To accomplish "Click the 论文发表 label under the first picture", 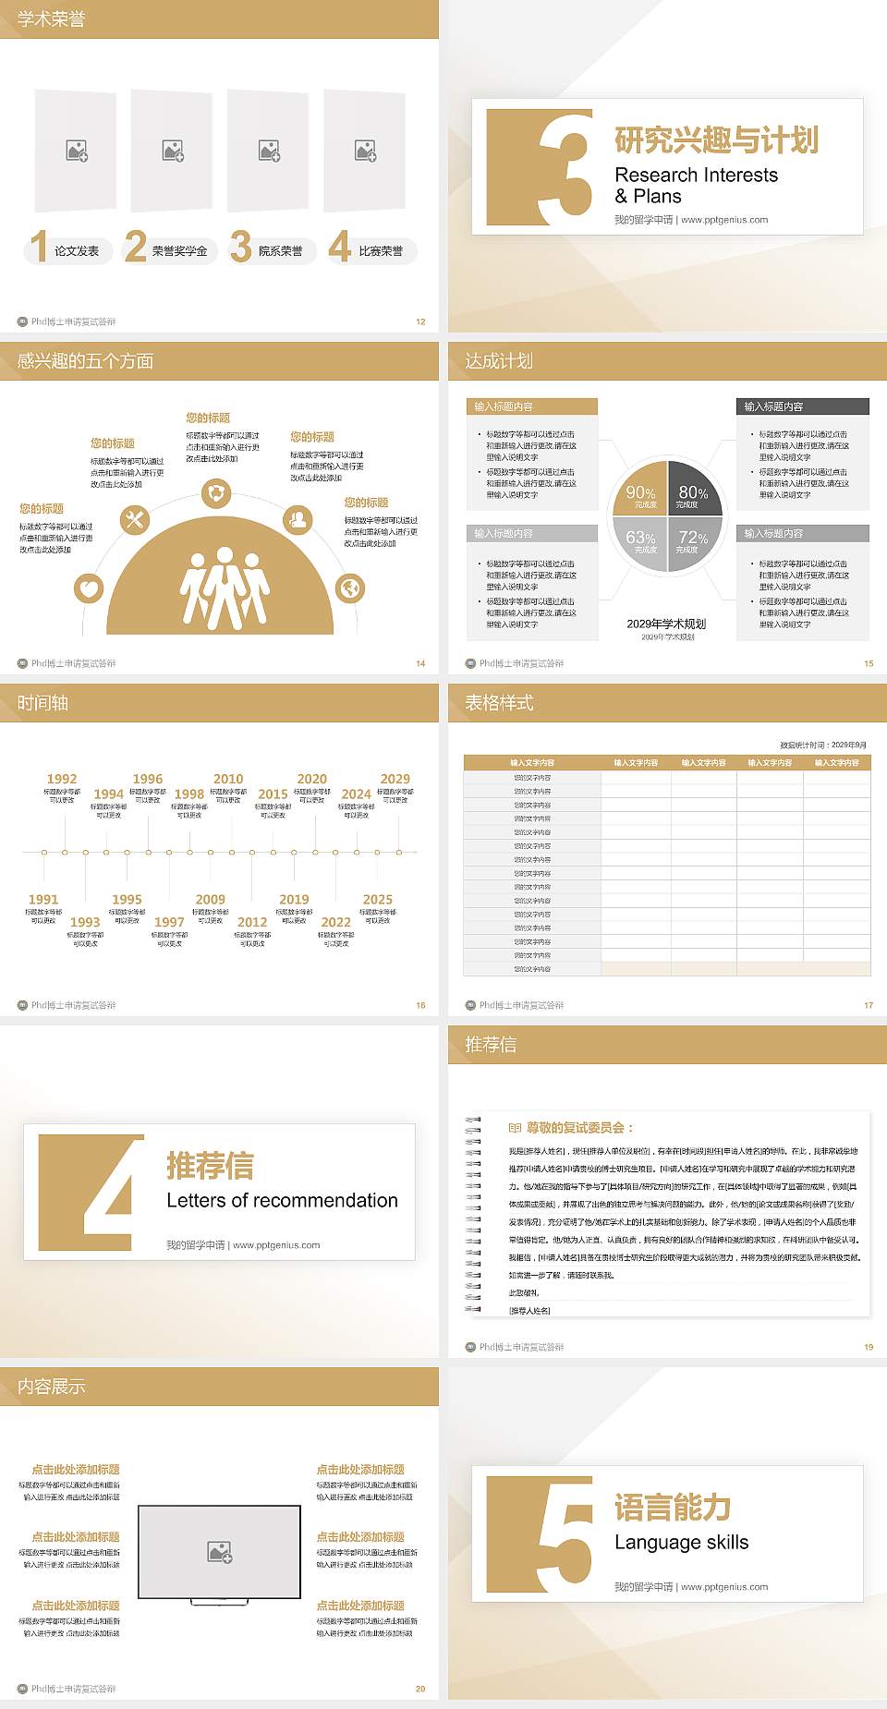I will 76,251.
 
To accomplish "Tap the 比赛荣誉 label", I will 381,251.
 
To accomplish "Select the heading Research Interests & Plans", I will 696,186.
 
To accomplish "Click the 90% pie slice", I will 640,494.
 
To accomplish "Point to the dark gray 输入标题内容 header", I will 802,406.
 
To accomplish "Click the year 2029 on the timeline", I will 395,779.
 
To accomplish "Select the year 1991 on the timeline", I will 43,899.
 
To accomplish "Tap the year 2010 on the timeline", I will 228,779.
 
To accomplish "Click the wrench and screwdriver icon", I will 135,520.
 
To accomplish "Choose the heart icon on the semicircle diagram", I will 89,588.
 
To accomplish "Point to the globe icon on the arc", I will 350,588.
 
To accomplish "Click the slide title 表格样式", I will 499,703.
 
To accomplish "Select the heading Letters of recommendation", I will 282,1200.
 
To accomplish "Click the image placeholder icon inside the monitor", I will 220,1552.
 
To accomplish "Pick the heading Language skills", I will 681,1542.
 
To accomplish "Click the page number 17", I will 869,1005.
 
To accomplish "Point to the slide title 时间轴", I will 43,703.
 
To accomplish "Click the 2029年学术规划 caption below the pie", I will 666,624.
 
